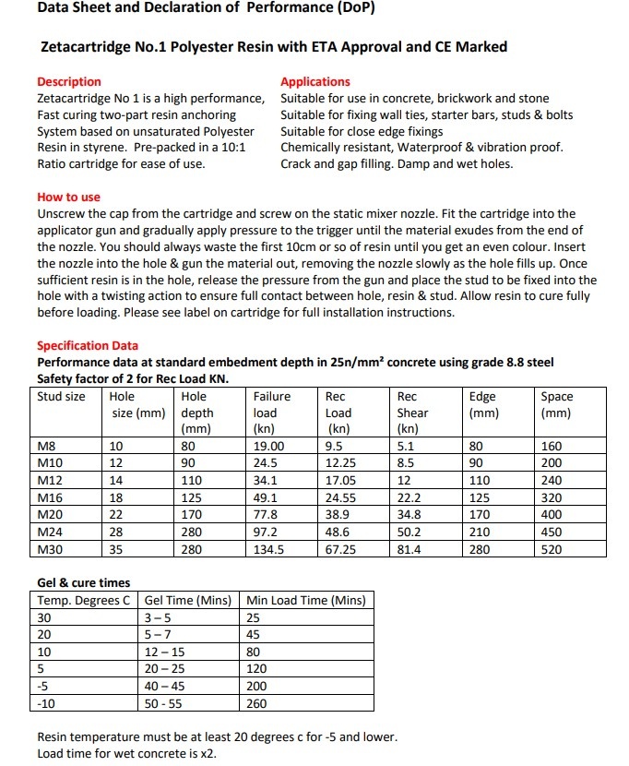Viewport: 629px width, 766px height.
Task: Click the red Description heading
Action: click(x=69, y=81)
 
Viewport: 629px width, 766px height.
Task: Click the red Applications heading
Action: click(x=315, y=81)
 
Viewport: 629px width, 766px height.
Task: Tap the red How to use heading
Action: click(x=68, y=197)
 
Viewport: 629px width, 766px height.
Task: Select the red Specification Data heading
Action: click(x=88, y=346)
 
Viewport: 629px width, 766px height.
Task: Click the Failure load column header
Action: click(x=272, y=404)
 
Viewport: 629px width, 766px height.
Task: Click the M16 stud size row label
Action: click(x=50, y=498)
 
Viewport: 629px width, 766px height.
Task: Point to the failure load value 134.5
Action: click(x=269, y=549)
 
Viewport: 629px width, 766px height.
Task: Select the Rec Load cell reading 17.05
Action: click(x=342, y=481)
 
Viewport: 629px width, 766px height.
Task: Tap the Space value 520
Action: click(x=552, y=549)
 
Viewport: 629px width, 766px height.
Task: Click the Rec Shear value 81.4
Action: click(x=409, y=549)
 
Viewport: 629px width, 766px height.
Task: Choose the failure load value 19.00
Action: click(x=269, y=447)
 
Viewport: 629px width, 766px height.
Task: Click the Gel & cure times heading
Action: click(x=83, y=582)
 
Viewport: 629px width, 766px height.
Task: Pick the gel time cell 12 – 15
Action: click(x=164, y=652)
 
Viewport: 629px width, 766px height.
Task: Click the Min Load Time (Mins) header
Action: click(x=305, y=600)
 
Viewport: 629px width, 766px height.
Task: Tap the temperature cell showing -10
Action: click(x=48, y=703)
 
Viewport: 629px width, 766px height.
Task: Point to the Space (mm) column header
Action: click(x=556, y=404)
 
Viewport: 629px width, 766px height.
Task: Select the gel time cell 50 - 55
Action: click(x=164, y=703)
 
